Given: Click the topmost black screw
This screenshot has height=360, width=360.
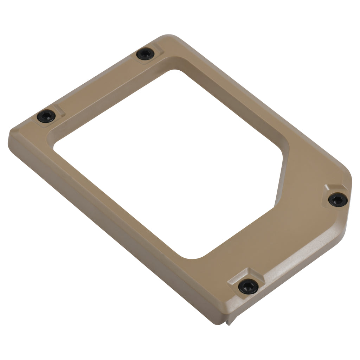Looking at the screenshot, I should (x=145, y=54).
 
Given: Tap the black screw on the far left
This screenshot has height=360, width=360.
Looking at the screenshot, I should (x=46, y=116).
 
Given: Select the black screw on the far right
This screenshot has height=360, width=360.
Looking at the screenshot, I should (x=338, y=200).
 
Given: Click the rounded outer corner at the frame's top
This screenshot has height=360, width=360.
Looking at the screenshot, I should (x=169, y=36).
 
